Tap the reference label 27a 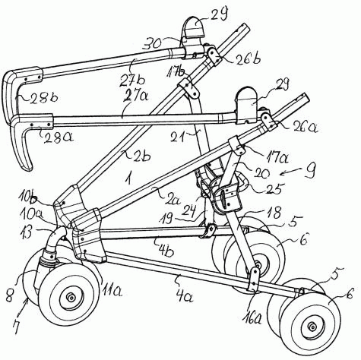click(136, 96)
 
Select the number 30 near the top click(153, 44)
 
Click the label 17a click(277, 156)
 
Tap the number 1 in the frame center click(129, 178)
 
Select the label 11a click(112, 291)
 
